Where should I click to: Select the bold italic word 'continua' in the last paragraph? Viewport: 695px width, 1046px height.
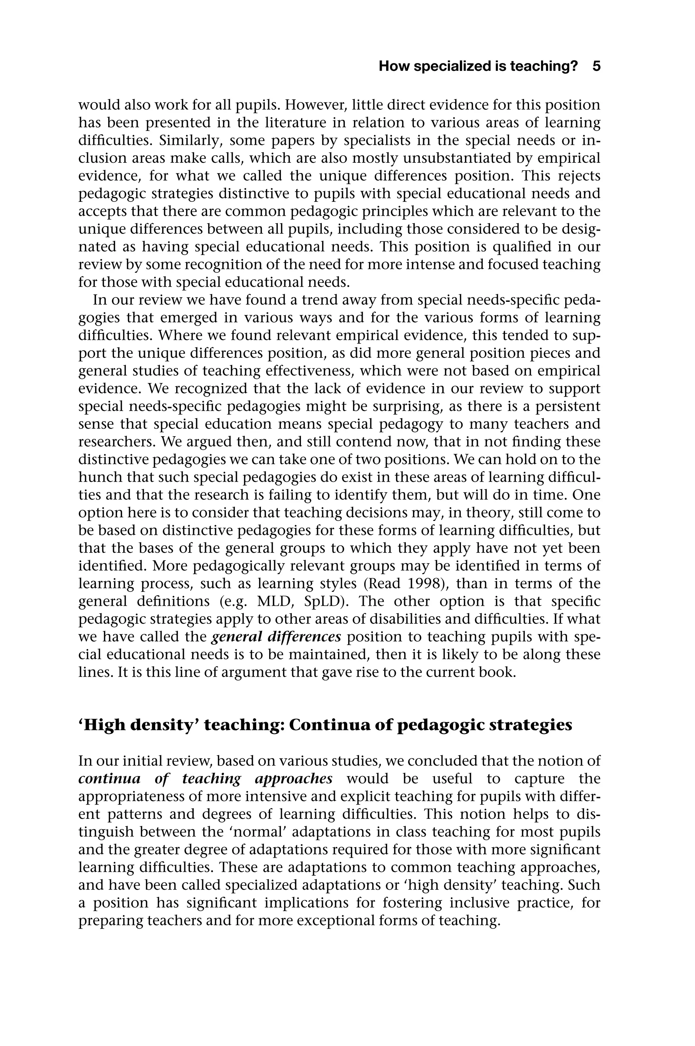pyautogui.click(x=110, y=778)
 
